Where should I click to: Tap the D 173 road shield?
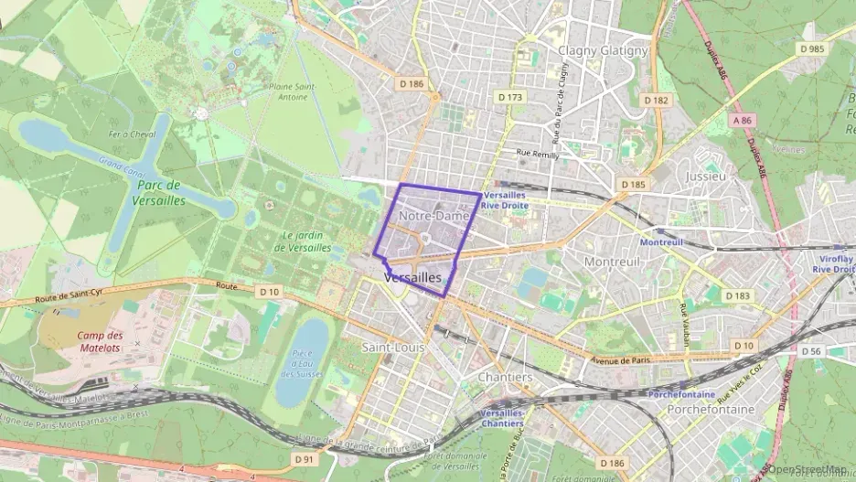click(510, 96)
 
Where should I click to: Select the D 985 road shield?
click(810, 48)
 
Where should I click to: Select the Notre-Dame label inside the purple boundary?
click(434, 216)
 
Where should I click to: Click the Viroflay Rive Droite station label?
click(832, 264)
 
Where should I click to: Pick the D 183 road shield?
click(736, 295)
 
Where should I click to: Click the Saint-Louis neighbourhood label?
click(393, 348)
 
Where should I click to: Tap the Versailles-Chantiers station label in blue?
click(502, 418)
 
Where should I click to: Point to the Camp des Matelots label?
click(99, 341)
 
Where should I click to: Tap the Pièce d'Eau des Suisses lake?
click(302, 361)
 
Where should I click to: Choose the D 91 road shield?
click(305, 458)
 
